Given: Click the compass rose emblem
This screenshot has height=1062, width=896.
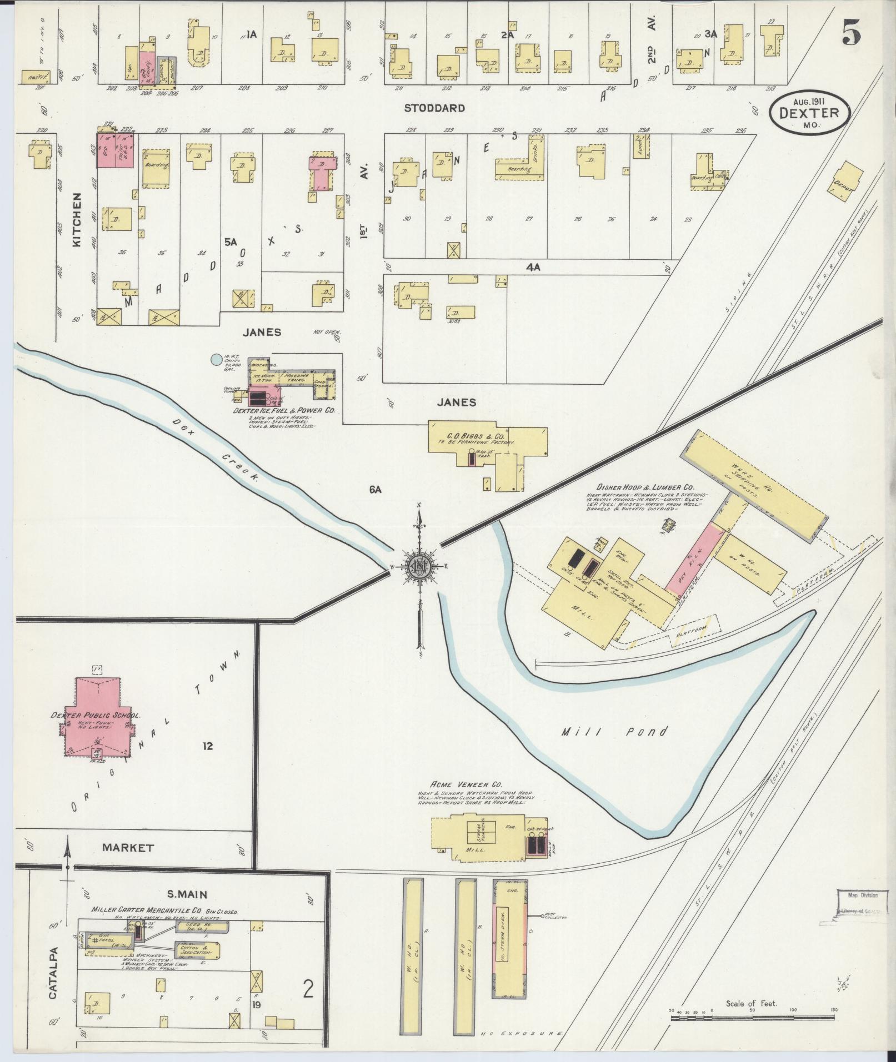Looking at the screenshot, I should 418,566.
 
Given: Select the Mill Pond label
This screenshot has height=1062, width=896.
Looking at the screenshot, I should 613,732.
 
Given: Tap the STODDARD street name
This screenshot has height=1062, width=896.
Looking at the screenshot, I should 434,108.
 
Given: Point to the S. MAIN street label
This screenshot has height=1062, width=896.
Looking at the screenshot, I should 188,894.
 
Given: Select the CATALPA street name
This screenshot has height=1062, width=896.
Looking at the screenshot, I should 53,965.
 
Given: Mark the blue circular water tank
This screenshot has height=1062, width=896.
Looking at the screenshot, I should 215,360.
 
